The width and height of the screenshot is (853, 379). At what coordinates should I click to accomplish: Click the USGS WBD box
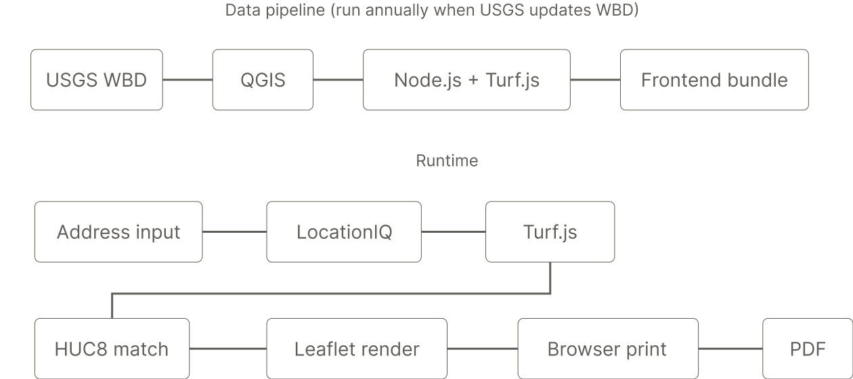point(96,80)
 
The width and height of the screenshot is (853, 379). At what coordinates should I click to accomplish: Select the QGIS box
point(263,80)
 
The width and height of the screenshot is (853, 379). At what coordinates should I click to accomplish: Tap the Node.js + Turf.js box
point(466,80)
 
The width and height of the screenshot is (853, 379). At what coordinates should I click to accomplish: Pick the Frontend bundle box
point(714,80)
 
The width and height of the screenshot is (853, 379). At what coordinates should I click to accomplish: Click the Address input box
point(118,232)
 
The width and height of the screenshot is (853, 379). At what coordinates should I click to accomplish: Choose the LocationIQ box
point(344,232)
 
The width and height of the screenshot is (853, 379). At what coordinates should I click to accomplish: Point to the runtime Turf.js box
point(550,232)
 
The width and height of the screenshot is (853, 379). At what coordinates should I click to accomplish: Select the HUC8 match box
point(112,349)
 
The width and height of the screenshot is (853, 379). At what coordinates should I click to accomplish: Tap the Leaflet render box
point(357,349)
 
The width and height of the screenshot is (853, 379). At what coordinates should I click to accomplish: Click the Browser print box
point(607,349)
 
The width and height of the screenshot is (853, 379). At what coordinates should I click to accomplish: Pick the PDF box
point(808,349)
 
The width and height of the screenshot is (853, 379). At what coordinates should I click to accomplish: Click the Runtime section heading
point(447,161)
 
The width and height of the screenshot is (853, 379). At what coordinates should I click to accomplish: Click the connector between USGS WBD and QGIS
point(188,80)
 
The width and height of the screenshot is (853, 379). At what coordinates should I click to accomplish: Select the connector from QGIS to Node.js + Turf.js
point(338,80)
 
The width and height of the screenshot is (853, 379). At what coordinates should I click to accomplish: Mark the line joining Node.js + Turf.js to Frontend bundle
point(595,80)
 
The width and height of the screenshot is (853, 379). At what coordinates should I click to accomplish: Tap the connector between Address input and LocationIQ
point(234,232)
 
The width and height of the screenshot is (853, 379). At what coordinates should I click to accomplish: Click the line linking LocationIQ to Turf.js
point(453,232)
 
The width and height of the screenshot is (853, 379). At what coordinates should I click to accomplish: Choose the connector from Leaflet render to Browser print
point(482,349)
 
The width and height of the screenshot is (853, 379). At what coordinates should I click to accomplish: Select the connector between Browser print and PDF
point(730,349)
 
